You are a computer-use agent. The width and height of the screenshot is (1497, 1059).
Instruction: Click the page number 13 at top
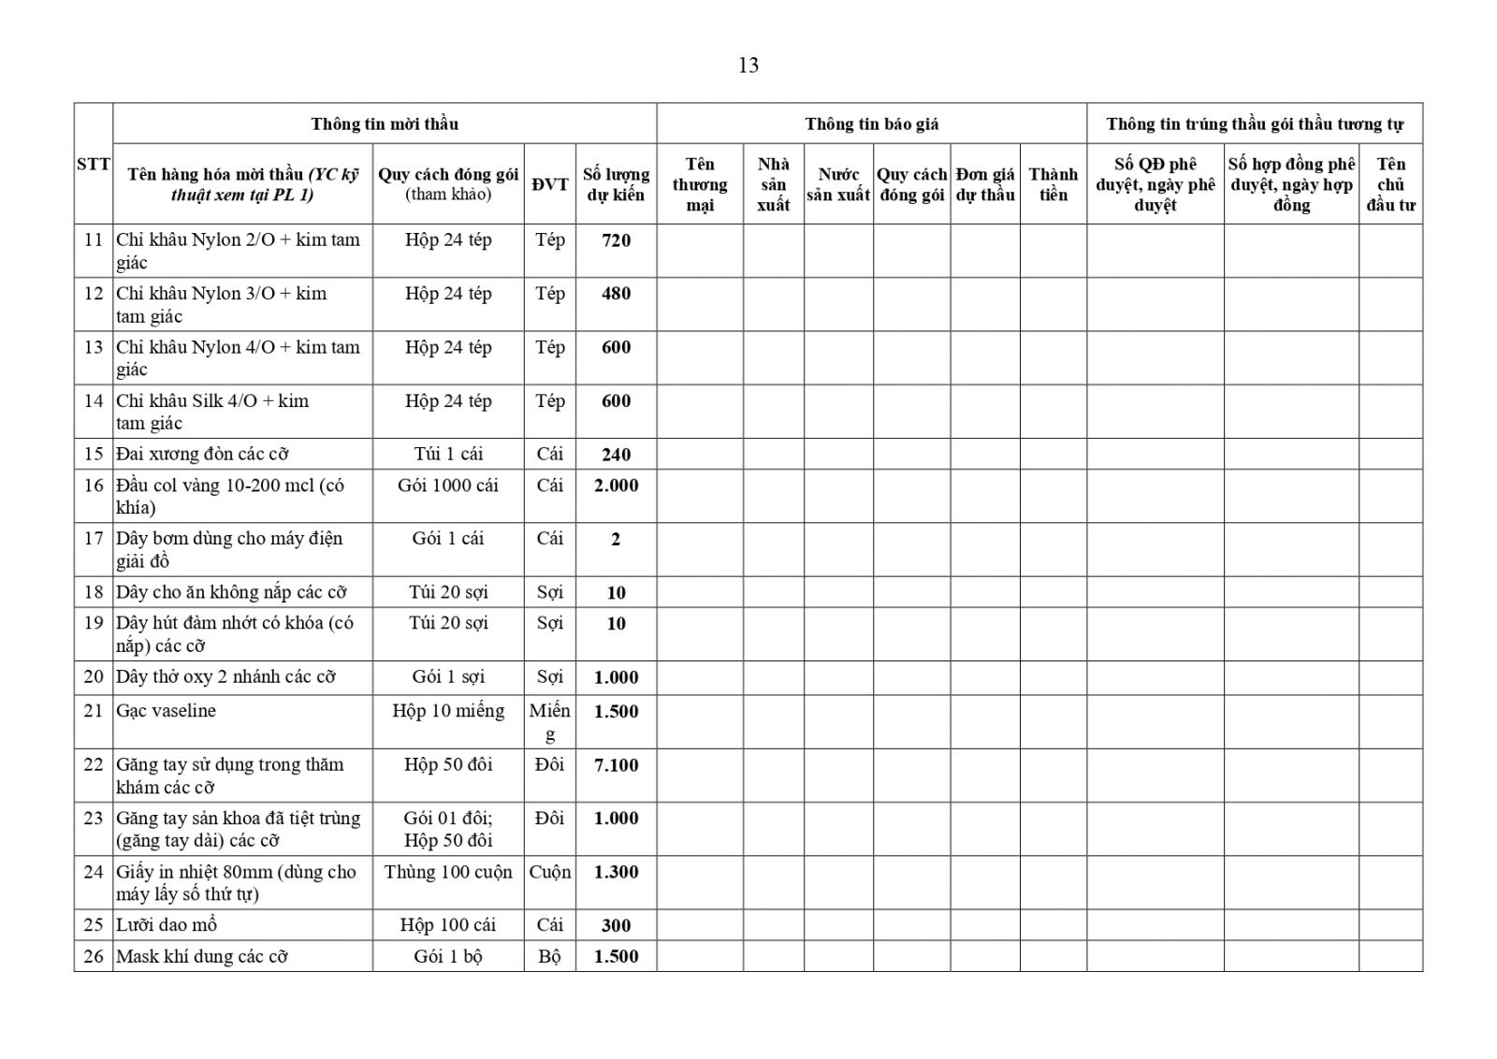tap(748, 65)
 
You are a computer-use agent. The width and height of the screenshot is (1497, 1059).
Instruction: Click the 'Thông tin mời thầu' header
tap(385, 123)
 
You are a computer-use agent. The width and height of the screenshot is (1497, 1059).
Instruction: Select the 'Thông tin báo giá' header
tap(871, 123)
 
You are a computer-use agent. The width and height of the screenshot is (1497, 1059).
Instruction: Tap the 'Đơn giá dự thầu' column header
tap(985, 184)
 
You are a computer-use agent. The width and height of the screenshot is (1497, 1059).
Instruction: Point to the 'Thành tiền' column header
tap(1053, 184)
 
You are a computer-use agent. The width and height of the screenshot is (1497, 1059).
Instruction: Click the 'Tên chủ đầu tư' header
tap(1390, 184)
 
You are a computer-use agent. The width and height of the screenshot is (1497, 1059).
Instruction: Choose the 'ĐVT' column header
tap(549, 184)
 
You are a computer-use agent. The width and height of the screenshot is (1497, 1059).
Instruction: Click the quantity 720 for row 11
tap(616, 240)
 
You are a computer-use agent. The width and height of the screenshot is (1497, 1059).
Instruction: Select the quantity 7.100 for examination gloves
tap(616, 765)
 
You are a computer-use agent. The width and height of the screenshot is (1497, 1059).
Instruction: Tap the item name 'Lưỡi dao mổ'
tap(167, 925)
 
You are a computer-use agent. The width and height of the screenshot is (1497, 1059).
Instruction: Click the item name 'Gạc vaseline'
tap(166, 711)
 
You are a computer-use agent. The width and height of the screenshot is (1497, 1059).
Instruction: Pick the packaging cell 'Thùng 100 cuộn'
tap(448, 872)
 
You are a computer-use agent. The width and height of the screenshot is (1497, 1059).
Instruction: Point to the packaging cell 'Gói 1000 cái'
tap(448, 486)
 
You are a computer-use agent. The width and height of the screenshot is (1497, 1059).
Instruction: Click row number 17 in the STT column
tap(94, 539)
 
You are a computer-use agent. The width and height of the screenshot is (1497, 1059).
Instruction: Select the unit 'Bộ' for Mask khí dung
tap(549, 957)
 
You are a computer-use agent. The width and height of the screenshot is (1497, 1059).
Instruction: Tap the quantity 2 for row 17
tap(616, 539)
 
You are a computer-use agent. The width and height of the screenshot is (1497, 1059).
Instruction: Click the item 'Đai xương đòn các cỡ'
tap(202, 455)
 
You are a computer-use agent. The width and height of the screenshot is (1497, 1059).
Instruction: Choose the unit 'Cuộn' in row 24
tap(549, 872)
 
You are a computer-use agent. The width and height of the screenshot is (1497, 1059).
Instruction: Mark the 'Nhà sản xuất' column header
tap(773, 184)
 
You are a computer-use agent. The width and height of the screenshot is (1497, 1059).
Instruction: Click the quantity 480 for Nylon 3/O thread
tap(616, 294)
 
